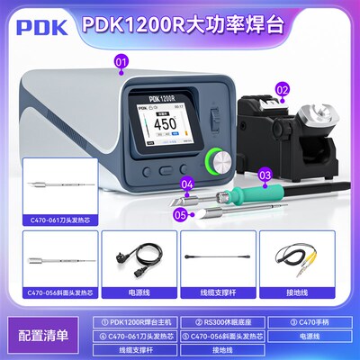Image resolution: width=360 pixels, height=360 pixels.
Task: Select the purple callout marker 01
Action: point(121,60)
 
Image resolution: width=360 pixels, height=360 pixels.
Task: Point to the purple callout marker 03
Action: point(265,175)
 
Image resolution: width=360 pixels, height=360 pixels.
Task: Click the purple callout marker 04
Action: point(188,187)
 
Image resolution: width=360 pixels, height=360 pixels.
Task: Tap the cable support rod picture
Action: point(216,256)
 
